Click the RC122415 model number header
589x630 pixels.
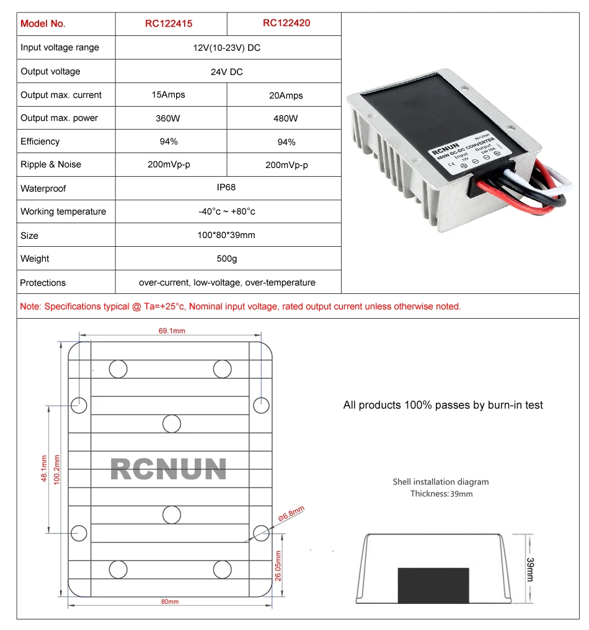(x=169, y=24)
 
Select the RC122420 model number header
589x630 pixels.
(x=286, y=23)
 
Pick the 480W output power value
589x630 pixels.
(x=285, y=118)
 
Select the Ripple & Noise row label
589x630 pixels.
(x=51, y=164)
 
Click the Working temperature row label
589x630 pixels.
(x=63, y=211)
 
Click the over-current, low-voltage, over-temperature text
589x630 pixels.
(x=227, y=283)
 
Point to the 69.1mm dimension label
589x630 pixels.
(x=172, y=331)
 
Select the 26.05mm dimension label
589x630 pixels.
(x=278, y=566)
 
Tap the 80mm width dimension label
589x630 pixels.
(x=170, y=602)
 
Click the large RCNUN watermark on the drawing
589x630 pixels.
(x=168, y=470)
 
